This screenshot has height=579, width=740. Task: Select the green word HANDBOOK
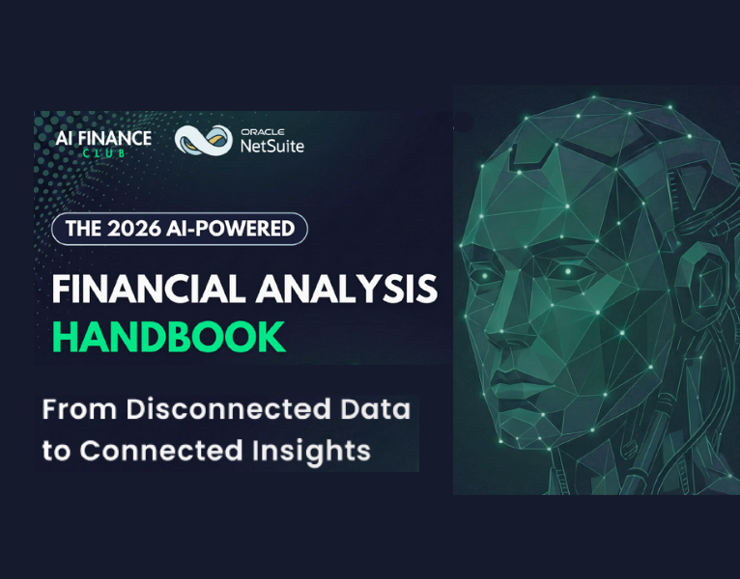(169, 337)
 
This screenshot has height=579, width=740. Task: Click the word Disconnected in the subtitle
(224, 409)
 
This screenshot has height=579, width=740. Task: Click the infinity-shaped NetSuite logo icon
(203, 140)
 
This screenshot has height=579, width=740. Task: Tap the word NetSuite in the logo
(270, 146)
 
